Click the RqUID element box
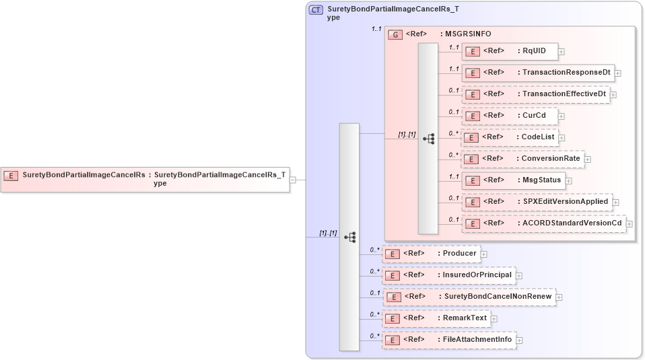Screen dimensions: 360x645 tap(508, 51)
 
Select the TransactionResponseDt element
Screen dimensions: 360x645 tap(537, 73)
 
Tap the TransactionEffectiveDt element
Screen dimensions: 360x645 tap(535, 94)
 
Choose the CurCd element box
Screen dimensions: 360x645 tap(509, 116)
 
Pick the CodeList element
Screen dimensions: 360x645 tap(509, 137)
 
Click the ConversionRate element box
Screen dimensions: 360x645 tap(522, 159)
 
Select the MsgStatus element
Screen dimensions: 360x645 tap(512, 180)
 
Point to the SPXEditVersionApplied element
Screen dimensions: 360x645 tap(536, 202)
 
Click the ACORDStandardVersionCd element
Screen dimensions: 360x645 tap(543, 223)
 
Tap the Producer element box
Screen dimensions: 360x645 tap(431, 254)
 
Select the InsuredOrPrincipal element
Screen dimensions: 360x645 tap(448, 275)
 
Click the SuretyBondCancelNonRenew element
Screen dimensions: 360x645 tap(469, 297)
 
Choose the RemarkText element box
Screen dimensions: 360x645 tap(436, 318)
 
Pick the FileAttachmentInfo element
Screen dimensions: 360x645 tap(448, 340)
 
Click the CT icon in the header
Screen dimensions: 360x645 tap(316, 10)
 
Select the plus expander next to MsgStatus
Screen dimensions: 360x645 tap(568, 180)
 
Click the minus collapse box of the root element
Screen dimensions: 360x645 tap(293, 180)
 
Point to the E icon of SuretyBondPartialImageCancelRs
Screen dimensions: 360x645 tap(11, 176)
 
